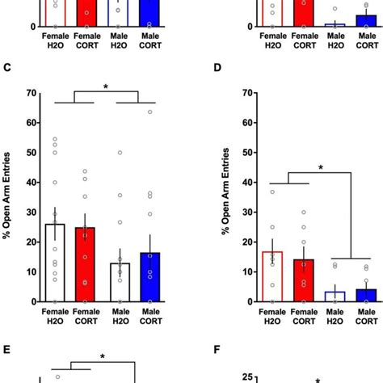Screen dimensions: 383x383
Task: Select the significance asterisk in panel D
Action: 321,168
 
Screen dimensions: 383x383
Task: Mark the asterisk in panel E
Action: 103,356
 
